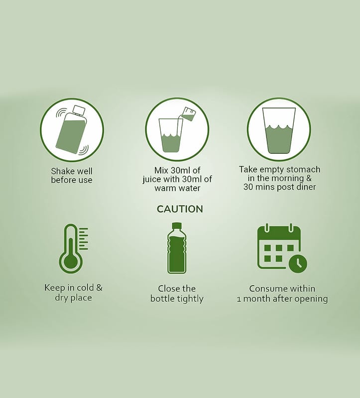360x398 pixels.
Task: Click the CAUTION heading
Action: [180, 209]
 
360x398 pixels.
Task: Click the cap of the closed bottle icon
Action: [177, 226]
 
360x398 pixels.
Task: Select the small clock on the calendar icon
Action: [298, 263]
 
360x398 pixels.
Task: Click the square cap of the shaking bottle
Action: [79, 109]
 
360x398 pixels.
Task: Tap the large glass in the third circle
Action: [279, 130]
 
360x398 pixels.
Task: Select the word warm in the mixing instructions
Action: [165, 188]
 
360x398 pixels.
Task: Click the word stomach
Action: [303, 170]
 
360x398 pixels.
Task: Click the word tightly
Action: [190, 299]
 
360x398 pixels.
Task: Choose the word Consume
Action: [265, 289]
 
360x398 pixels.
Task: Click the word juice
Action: [152, 180]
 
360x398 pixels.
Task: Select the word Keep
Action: [55, 288]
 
